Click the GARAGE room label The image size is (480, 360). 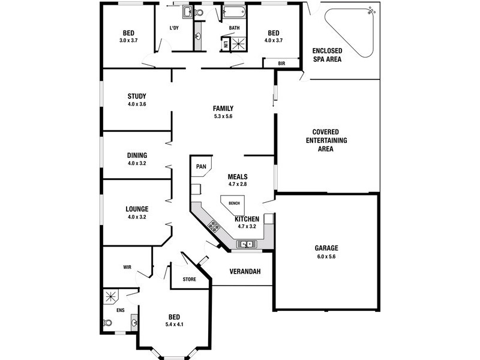(x=326, y=248)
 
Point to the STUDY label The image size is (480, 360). (x=137, y=96)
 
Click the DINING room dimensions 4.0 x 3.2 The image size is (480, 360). (x=137, y=163)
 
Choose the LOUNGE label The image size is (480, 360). (x=137, y=209)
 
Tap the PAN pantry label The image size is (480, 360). (x=201, y=166)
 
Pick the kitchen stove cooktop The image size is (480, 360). (x=213, y=226)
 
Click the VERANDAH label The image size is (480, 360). (x=245, y=272)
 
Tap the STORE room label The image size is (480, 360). (x=190, y=278)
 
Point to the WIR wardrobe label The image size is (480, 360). (x=127, y=266)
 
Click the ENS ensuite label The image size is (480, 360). (x=120, y=310)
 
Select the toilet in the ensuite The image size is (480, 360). (x=108, y=322)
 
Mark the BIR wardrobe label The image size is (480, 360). (x=281, y=63)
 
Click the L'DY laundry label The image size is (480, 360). (x=174, y=28)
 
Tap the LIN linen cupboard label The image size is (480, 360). (x=226, y=44)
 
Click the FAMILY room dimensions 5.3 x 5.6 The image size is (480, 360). (x=223, y=116)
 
